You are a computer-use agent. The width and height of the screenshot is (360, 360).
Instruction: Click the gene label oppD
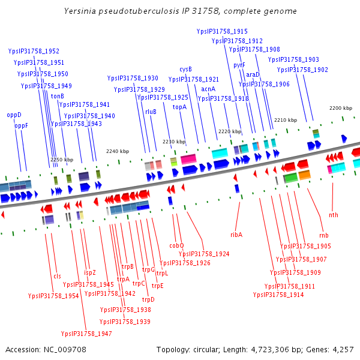[x=14, y=114]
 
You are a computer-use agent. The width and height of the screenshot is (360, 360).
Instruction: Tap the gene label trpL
[x=163, y=273]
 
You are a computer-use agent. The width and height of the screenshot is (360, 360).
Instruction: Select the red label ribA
[x=236, y=235]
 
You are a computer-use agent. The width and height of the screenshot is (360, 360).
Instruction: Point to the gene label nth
[x=334, y=215]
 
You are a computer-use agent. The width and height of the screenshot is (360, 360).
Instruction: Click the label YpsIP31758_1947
[x=86, y=334]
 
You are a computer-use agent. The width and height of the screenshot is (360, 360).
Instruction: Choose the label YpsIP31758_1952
[x=34, y=51]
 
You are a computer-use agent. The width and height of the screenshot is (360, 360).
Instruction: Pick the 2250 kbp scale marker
[x=62, y=160]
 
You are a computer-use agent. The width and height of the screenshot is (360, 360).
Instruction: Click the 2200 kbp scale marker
[x=341, y=108]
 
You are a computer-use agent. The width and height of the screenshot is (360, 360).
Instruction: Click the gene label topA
[x=179, y=106]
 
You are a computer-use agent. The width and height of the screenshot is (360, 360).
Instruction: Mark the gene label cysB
[x=186, y=69]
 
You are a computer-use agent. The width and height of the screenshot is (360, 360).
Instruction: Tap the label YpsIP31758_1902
[x=302, y=70]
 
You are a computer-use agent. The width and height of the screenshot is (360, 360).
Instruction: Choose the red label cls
[x=58, y=276]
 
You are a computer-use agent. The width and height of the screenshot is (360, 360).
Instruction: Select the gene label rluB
[x=151, y=112]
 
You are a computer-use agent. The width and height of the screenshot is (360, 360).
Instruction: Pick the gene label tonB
[x=57, y=96]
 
